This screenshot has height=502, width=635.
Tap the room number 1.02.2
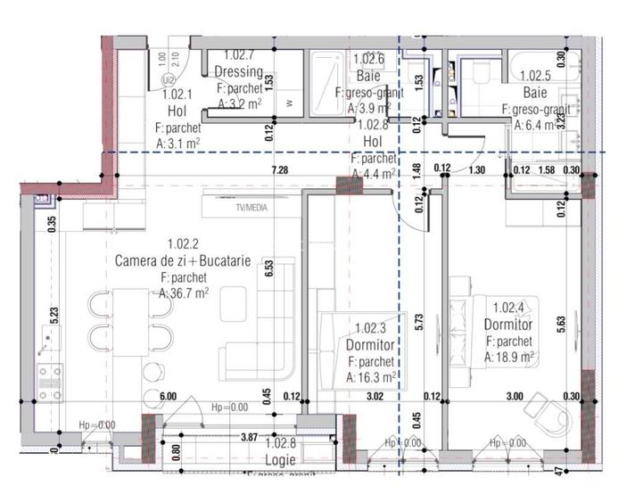click(182, 243)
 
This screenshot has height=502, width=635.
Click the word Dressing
click(238, 72)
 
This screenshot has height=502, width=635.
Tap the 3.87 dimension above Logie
click(255, 438)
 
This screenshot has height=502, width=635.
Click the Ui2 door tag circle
click(168, 79)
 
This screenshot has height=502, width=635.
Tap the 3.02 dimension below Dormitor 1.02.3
click(375, 398)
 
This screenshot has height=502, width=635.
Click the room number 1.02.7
click(239, 55)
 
